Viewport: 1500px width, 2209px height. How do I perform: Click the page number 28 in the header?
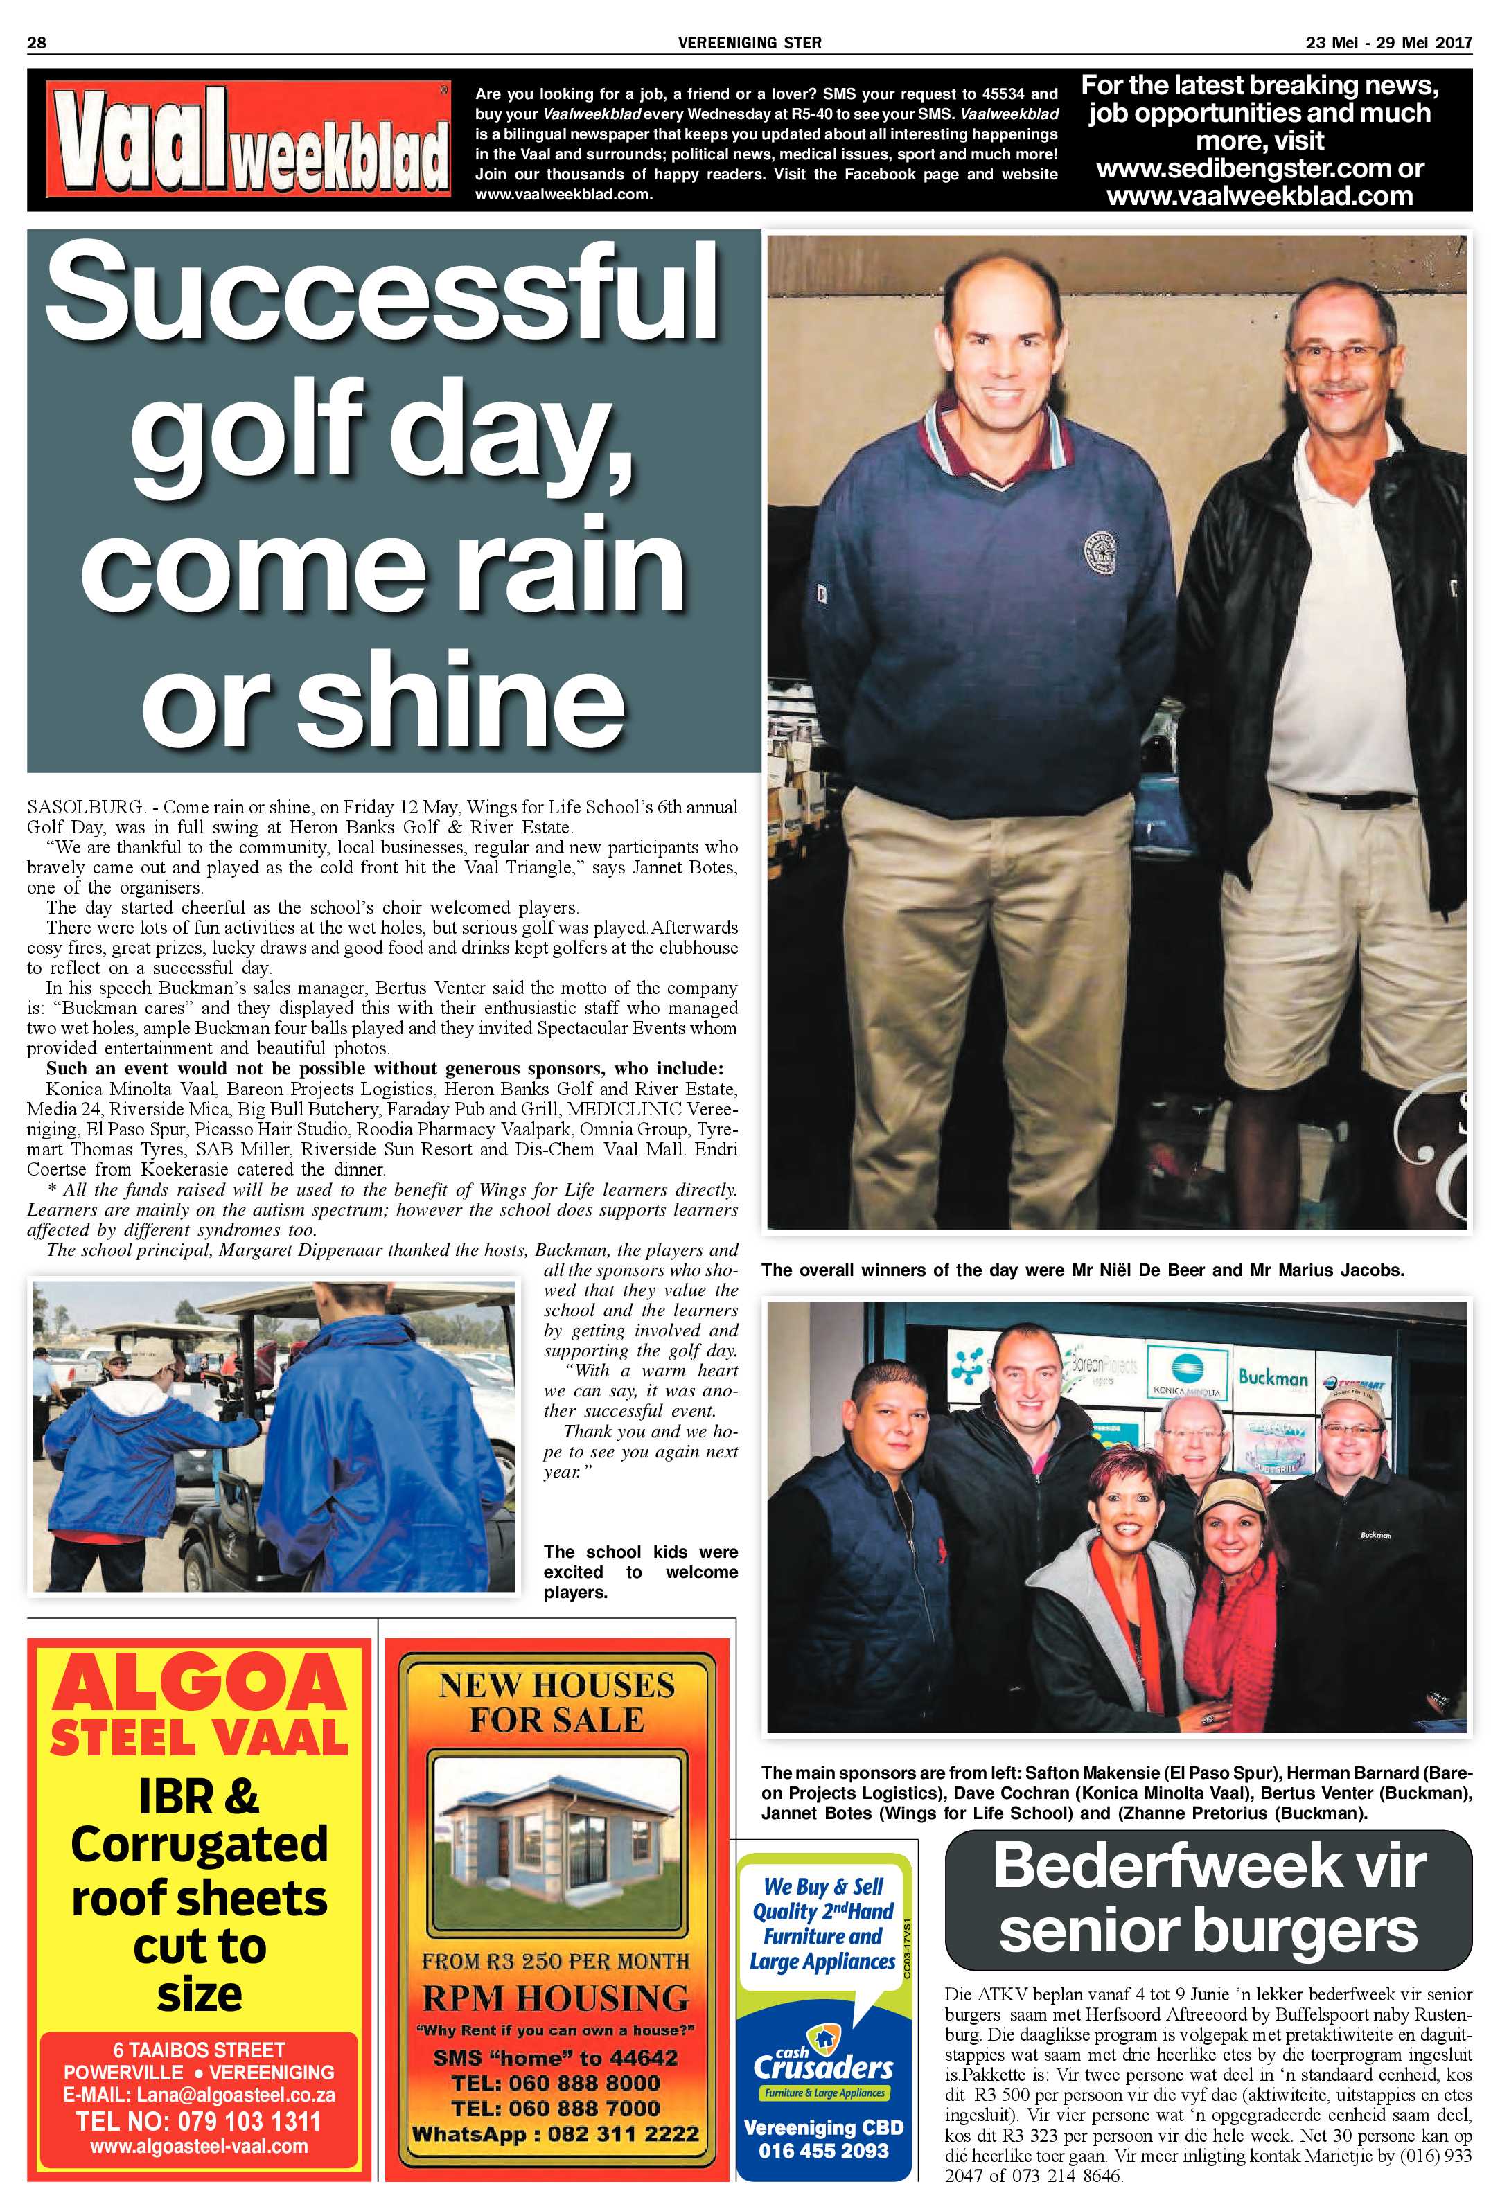pos(37,42)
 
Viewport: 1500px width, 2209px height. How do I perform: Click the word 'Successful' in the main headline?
pos(382,293)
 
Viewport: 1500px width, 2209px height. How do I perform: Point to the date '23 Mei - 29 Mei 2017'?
pos(1388,42)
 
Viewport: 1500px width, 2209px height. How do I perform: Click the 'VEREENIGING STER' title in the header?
pos(750,42)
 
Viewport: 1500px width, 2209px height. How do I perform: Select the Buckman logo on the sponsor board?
pos(1272,1377)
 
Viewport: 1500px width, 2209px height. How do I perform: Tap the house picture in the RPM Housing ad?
pos(557,1845)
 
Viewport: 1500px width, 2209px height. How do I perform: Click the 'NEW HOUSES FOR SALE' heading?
pos(557,1701)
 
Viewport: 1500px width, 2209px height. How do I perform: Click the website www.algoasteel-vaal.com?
pos(199,2146)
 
